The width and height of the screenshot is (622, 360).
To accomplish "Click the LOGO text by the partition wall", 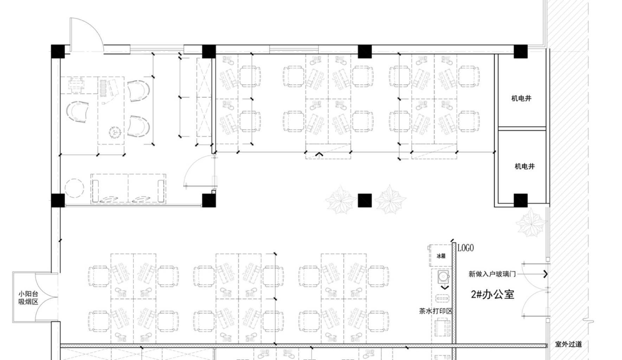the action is pos(466,248).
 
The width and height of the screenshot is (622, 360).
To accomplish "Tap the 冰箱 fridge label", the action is pos(441,256).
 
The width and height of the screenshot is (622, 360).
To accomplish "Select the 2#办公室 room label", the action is pos(493,294).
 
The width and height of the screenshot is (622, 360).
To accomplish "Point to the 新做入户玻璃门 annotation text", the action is pos(492,274).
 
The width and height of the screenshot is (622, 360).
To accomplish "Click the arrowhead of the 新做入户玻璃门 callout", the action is pos(546,274).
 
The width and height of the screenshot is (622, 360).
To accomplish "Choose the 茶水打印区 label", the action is pos(436,311).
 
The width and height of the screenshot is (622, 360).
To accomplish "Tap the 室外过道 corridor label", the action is pos(568,344).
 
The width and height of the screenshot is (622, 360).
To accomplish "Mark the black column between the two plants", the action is pos(365,200).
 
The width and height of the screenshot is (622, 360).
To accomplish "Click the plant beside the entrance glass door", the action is pos(531,223).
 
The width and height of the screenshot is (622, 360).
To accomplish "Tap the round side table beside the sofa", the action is pos(75,189).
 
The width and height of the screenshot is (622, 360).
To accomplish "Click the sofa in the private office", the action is pos(128,188).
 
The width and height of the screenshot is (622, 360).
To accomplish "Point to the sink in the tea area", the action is pos(443,277).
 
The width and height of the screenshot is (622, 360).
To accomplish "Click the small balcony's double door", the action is pos(46,297).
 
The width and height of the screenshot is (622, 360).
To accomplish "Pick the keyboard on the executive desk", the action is pos(103,88).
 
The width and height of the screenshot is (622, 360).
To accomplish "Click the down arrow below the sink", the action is pos(445,288).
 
